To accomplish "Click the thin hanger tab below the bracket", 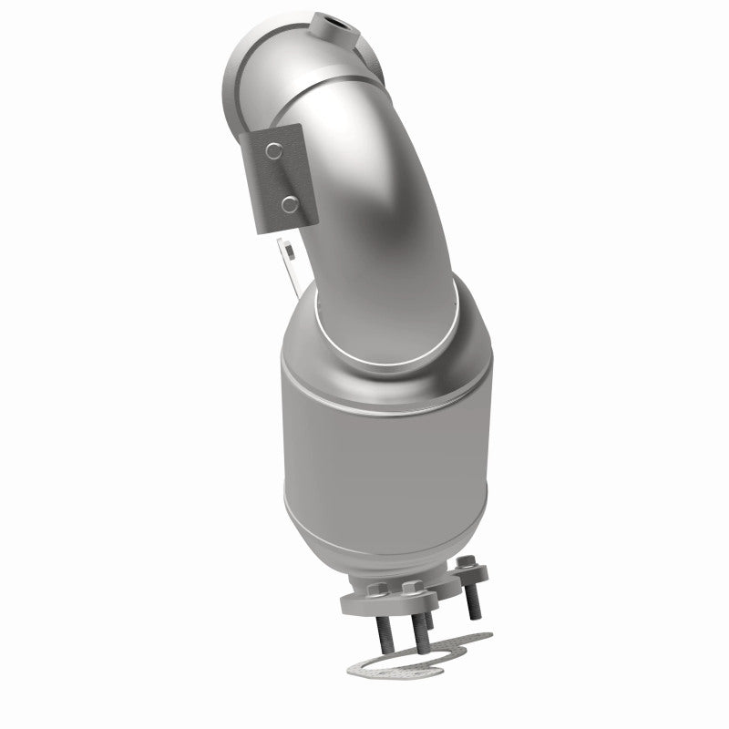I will (x=289, y=264).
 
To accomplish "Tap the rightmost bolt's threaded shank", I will (x=474, y=601).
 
